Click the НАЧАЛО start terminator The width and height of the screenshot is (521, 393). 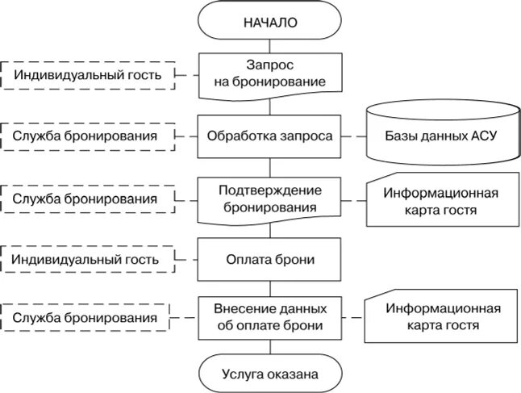click(270, 22)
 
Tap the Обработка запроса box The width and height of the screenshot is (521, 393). click(270, 136)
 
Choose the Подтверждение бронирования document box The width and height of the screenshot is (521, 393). click(270, 199)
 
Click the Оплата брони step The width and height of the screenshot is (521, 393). click(270, 260)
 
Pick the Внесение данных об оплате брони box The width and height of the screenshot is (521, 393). click(270, 317)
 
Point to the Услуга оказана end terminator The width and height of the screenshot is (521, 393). click(270, 374)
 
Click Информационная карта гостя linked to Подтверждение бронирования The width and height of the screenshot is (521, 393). click(440, 202)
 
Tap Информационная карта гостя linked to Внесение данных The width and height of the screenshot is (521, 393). click(440, 317)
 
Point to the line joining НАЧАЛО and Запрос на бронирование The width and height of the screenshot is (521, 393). click(270, 46)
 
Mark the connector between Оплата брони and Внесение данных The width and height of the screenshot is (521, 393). click(270, 288)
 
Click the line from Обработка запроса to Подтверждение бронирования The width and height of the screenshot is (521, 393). click(270, 168)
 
